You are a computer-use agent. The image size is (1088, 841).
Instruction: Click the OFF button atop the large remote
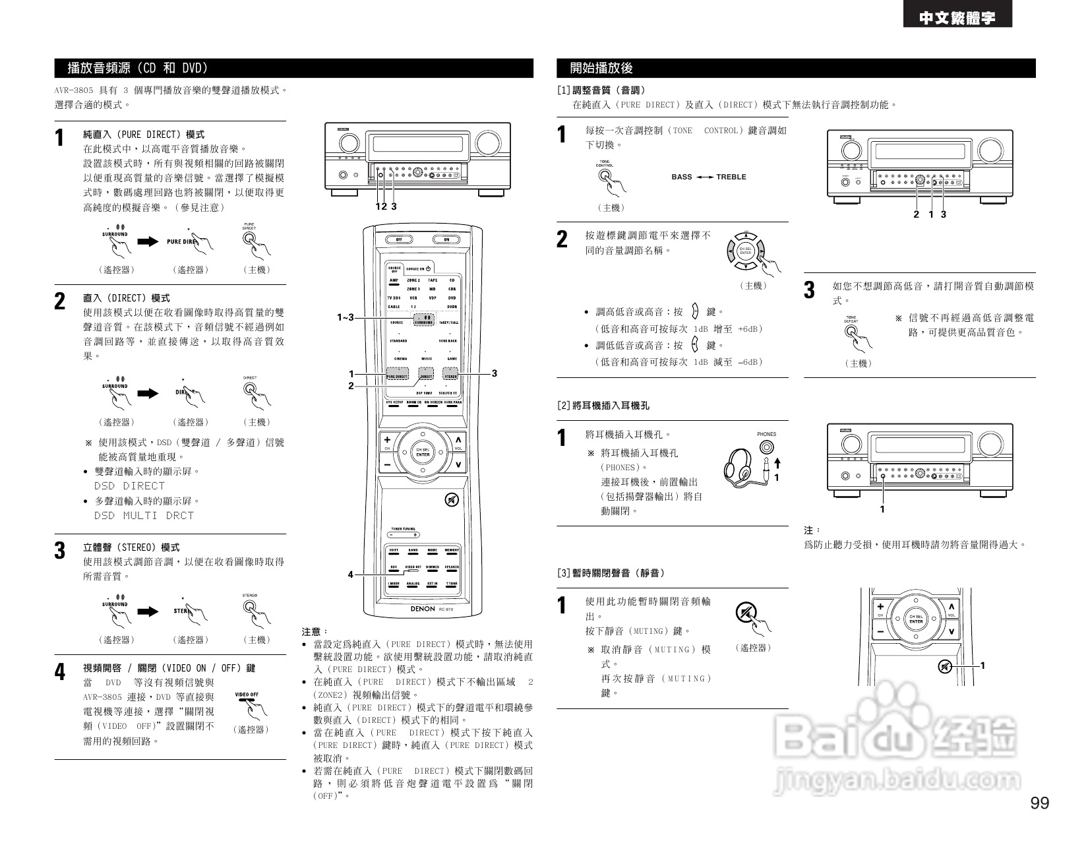point(398,239)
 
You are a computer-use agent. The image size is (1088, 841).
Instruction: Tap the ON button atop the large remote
point(446,239)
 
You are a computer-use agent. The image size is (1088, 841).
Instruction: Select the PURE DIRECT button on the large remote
point(397,376)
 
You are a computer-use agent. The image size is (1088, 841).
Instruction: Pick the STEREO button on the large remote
point(450,376)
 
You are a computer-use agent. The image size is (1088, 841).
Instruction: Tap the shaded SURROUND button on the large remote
point(423,320)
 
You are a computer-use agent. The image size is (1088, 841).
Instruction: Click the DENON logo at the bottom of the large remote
point(422,609)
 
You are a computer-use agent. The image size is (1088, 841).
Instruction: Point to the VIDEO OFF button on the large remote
point(413,568)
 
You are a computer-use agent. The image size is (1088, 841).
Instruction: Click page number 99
point(1039,803)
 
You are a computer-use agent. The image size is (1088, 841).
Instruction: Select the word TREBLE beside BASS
point(731,177)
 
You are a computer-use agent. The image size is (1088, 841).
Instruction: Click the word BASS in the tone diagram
point(682,177)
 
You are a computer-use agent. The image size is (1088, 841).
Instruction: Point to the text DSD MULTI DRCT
point(144,516)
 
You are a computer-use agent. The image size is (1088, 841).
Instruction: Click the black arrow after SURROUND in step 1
point(148,241)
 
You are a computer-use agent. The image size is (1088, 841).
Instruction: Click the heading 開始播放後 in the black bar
point(601,68)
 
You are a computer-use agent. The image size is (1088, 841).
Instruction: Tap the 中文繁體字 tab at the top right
point(957,18)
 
